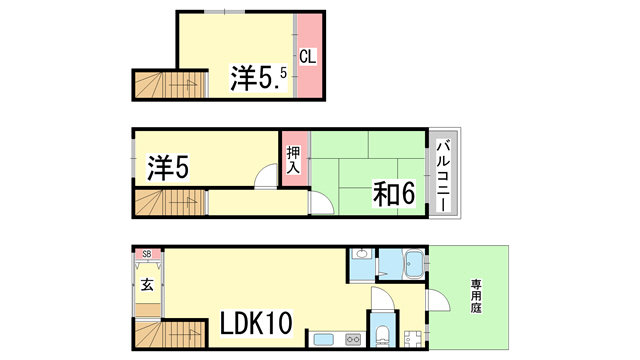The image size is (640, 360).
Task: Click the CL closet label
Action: point(307,56)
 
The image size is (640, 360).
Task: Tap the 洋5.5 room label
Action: point(259,78)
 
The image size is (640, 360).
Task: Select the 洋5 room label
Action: point(168,168)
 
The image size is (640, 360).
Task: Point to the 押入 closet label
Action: point(293,160)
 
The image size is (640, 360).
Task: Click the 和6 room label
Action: point(393,193)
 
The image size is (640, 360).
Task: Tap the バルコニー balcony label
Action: point(443,176)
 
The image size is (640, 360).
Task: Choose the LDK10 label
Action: point(256,323)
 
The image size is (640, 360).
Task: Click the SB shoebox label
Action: point(147,254)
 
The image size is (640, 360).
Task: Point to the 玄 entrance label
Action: point(147,284)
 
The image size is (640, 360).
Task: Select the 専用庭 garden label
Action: point(476,296)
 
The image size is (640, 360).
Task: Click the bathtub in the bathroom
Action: point(413,264)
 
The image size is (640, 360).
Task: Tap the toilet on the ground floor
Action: point(382,335)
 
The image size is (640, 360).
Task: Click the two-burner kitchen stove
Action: point(353,339)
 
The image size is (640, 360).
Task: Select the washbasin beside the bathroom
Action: point(361,254)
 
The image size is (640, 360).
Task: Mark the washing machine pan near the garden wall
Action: point(413,339)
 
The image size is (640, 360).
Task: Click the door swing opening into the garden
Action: point(438,301)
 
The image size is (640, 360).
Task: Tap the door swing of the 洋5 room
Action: point(266,176)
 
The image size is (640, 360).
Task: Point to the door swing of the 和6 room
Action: point(322,203)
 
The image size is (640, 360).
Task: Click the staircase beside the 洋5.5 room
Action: point(170,85)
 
